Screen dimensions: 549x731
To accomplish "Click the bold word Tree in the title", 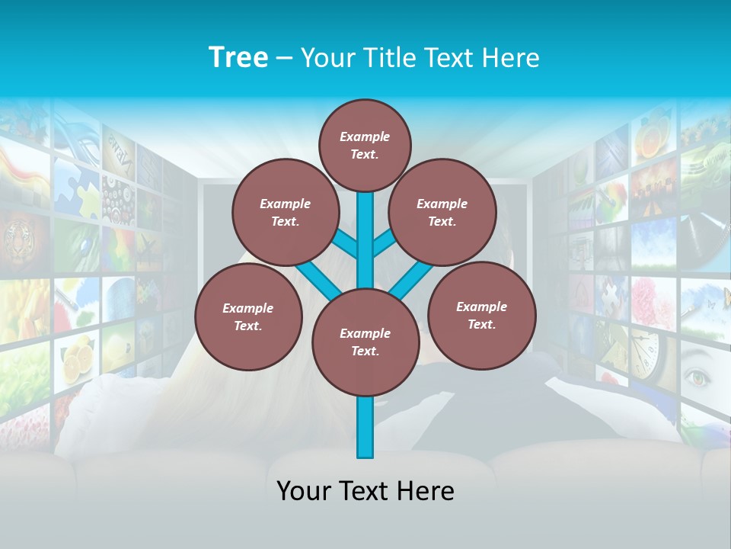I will pos(238,57).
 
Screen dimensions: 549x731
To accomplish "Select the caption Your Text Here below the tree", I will pos(365,491).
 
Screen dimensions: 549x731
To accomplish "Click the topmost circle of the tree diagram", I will pos(365,145).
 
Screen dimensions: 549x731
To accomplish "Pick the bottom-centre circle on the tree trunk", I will pos(365,342).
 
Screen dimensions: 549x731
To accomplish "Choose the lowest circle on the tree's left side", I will pos(248,317).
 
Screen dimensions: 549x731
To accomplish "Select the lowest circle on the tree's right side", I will pos(481,315).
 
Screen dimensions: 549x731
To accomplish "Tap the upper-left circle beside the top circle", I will pos(286,213).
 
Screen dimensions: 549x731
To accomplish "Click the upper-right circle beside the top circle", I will pos(442,213).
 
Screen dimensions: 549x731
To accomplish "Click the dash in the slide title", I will pos(284,58).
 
